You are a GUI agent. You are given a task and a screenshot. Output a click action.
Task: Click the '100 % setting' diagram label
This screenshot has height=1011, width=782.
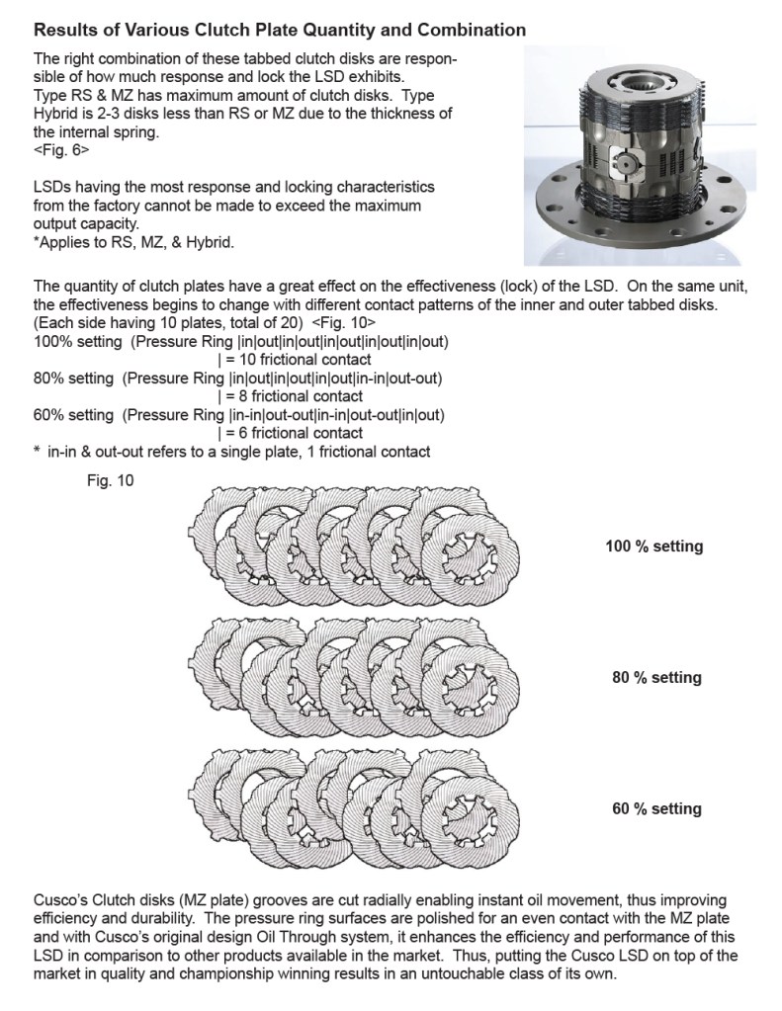click(x=653, y=547)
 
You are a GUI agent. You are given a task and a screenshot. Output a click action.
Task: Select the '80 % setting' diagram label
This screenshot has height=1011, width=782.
click(x=656, y=678)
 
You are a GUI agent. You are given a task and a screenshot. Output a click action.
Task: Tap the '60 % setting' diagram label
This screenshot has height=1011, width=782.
click(x=656, y=809)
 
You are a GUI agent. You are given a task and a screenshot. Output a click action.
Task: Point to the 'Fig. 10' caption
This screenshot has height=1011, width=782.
click(x=110, y=482)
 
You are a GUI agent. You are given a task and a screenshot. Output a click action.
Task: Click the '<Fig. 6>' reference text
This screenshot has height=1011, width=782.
click(x=61, y=153)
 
